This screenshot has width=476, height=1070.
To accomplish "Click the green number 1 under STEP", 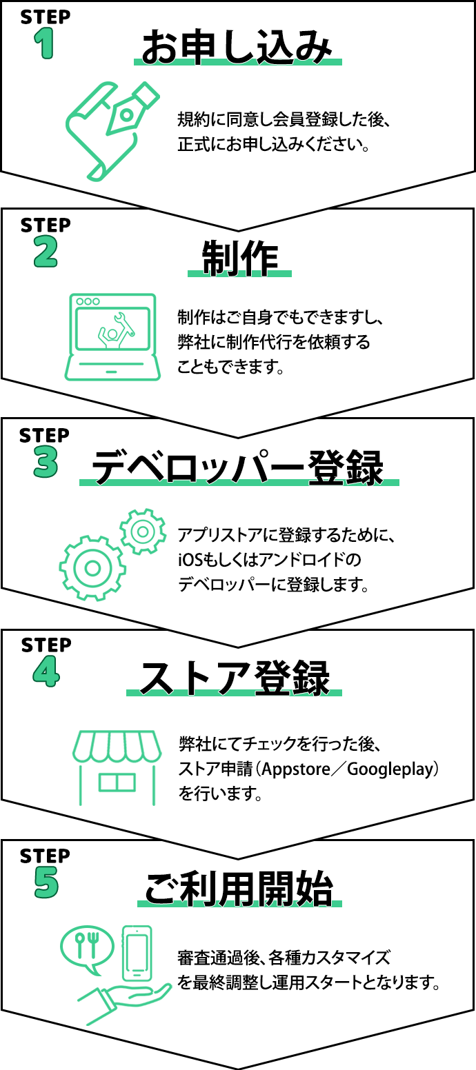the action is tap(44, 43).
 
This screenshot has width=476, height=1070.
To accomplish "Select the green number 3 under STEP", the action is tap(46, 463).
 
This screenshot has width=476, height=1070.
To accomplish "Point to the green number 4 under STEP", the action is tap(46, 672).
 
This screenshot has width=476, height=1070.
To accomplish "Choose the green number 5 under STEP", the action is tap(46, 882).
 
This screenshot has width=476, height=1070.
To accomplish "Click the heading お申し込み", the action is tap(237, 46).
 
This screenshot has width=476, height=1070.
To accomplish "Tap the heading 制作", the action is tap(240, 258).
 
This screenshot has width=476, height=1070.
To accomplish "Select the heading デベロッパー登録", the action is tap(238, 467).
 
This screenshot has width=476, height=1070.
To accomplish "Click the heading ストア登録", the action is tap(234, 678).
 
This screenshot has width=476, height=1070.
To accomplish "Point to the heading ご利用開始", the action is tap(239, 889).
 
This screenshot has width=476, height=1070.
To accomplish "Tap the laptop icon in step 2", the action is tap(112, 337).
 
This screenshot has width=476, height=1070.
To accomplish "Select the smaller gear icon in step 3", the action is tap(143, 532).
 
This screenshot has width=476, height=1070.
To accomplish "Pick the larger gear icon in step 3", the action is tap(92, 568).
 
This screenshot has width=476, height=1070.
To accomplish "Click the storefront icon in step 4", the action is tap(117, 767).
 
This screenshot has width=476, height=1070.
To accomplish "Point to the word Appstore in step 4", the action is tap(296, 769).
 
